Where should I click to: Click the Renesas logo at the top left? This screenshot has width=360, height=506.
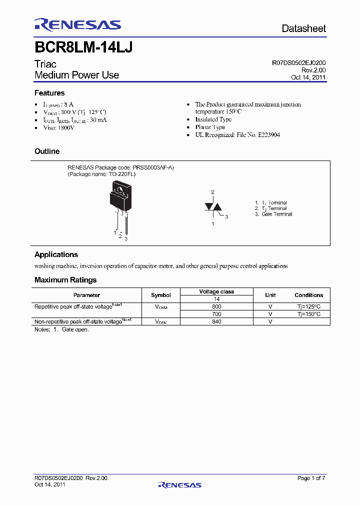[77, 25]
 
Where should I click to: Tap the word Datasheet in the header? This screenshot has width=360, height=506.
[303, 28]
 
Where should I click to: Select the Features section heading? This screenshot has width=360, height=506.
[49, 93]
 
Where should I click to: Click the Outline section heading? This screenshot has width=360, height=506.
[47, 151]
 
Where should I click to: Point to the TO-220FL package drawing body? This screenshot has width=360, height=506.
[120, 198]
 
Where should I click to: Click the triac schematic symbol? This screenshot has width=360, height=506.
[213, 207]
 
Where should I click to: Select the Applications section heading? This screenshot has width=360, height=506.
[56, 254]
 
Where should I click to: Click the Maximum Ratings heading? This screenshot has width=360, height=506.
[65, 280]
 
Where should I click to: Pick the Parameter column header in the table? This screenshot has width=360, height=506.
[86, 295]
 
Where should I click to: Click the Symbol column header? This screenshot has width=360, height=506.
[161, 295]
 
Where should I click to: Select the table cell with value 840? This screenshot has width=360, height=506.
[216, 321]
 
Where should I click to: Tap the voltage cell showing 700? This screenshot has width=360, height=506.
[216, 314]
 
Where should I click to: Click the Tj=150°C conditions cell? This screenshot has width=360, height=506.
[308, 314]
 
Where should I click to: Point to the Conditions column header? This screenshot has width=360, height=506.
[308, 295]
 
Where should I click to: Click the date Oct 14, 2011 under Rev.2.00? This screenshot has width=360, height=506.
[308, 77]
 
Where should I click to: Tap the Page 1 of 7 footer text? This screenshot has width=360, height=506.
[311, 478]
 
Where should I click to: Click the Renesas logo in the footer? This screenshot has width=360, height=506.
[179, 485]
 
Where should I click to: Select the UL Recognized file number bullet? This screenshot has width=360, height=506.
[237, 135]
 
